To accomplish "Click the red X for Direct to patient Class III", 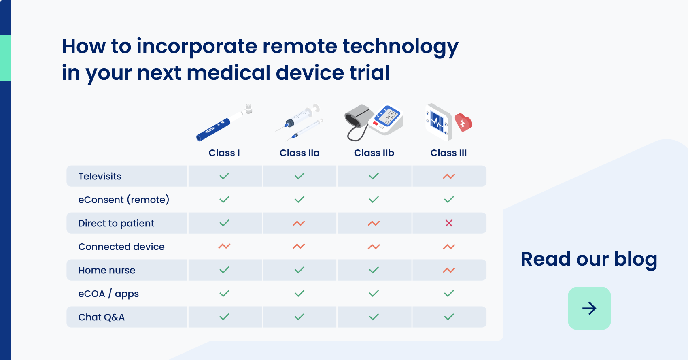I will [x=449, y=223].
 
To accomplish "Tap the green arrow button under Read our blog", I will [x=589, y=309].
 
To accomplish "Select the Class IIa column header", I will [x=299, y=153].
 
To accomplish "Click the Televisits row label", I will [x=100, y=177].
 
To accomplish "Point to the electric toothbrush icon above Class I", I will [x=224, y=123].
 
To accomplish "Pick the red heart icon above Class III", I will [x=463, y=122].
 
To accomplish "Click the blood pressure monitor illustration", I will [x=374, y=122].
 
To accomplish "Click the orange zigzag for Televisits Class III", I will [x=449, y=176].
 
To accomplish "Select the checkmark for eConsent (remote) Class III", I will [x=449, y=200].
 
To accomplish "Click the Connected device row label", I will [x=121, y=247].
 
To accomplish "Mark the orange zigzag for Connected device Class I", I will [x=224, y=246].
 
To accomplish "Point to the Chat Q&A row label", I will [x=102, y=317].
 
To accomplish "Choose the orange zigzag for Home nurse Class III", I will [x=449, y=270].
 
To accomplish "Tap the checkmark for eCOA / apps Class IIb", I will [x=374, y=294].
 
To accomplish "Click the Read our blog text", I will [x=589, y=260].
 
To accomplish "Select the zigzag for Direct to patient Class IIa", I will [x=299, y=223].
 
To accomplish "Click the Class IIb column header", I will [x=374, y=153].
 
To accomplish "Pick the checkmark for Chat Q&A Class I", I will [x=224, y=317].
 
